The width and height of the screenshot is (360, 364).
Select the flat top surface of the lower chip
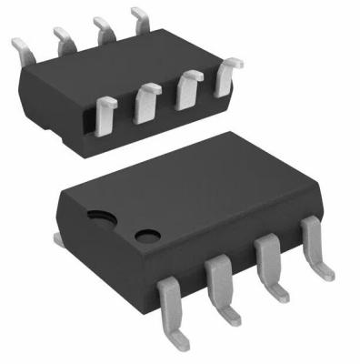[200, 191]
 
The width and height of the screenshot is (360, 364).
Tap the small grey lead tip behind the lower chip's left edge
[56, 238]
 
